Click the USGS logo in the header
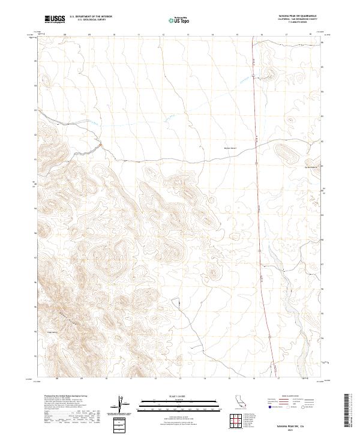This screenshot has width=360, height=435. [54, 20]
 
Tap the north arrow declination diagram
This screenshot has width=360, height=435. [119, 402]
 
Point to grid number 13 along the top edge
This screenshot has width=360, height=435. [188, 35]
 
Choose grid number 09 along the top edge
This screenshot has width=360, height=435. [89, 35]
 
